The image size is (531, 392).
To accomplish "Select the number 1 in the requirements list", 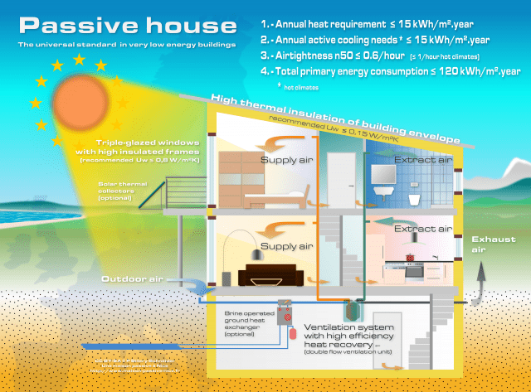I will [265, 25].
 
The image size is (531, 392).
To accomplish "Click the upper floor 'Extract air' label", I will [423, 159].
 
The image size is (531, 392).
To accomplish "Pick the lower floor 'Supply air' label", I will [287, 246].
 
